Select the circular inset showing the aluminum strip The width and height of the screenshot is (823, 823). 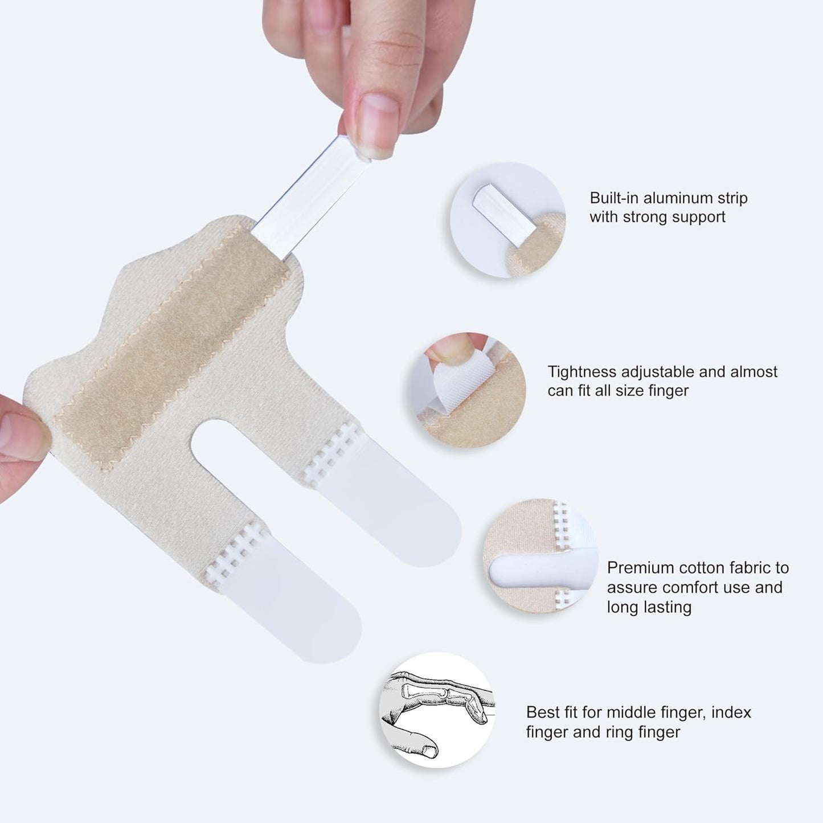[x=507, y=220]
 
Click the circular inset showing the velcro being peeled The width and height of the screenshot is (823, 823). [x=468, y=390]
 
